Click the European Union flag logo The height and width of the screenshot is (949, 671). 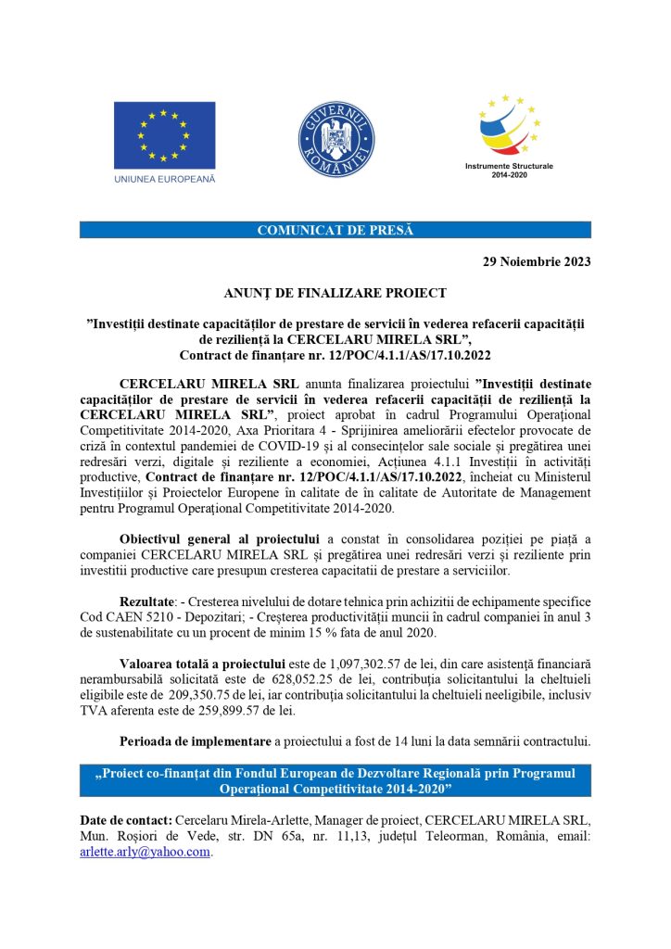pos(164,135)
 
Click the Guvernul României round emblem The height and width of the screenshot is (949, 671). pos(335,137)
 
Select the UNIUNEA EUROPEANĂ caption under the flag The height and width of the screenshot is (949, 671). pos(164,179)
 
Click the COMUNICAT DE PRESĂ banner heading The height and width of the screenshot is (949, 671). pos(335,230)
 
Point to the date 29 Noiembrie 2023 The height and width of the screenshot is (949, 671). pos(537,261)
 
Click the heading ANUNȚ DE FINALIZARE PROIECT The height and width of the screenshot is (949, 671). pos(335,293)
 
